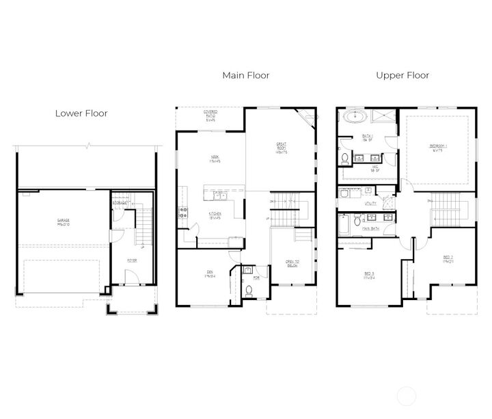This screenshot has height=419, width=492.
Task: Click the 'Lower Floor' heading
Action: click(x=81, y=113)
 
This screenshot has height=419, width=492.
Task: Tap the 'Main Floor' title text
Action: click(x=245, y=75)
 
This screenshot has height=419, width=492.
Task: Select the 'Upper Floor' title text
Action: click(x=402, y=75)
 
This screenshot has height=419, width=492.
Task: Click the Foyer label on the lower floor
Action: click(x=133, y=260)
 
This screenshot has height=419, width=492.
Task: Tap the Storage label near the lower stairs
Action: click(x=120, y=203)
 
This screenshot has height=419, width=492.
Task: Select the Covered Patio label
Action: click(x=210, y=116)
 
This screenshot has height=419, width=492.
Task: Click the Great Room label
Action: click(x=280, y=148)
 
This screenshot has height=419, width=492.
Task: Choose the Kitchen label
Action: click(x=213, y=214)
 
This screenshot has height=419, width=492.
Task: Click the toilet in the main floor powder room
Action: click(x=249, y=291)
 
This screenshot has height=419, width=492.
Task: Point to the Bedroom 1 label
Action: click(x=437, y=148)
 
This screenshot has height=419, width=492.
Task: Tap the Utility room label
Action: click(x=371, y=203)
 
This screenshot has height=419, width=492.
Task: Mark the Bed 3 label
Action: click(x=369, y=275)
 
